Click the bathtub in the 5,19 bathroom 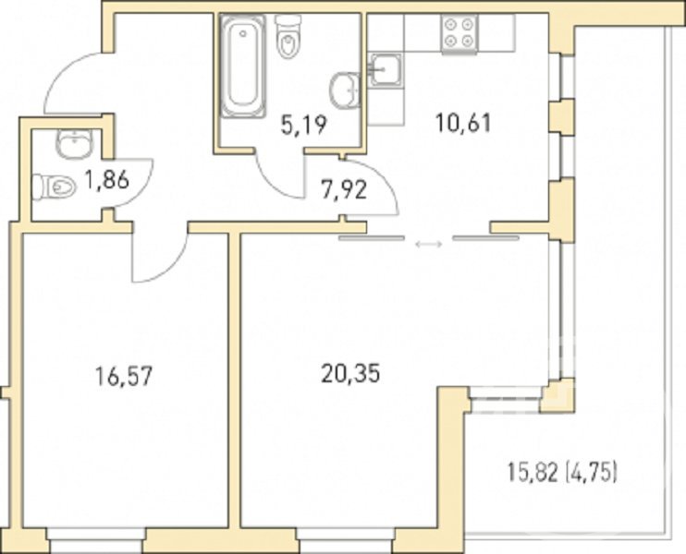(x=243, y=66)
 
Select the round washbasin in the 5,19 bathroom (x=345, y=90)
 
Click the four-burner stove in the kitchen (x=459, y=32)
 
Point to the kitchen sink (x=385, y=70)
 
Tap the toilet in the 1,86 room (x=55, y=187)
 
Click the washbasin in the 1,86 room (x=74, y=143)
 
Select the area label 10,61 (x=464, y=123)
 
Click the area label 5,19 (x=303, y=126)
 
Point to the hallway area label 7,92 (x=344, y=190)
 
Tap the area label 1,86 (x=106, y=179)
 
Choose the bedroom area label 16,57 (x=124, y=376)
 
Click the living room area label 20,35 (x=350, y=374)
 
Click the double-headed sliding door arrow (x=429, y=245)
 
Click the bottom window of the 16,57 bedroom (x=96, y=540)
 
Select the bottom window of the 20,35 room (x=346, y=540)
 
